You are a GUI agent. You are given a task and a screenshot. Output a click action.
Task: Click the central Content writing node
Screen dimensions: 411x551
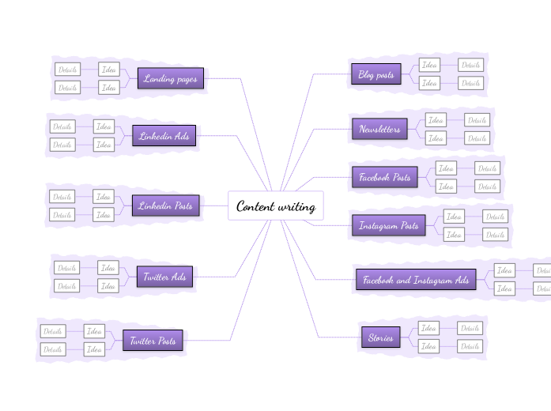click(x=276, y=207)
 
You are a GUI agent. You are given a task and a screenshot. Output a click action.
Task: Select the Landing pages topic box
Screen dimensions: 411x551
click(x=170, y=79)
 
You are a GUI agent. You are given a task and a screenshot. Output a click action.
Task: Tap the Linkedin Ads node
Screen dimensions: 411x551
click(x=164, y=136)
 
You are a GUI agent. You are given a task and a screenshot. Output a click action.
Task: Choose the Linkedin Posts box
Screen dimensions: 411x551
click(x=165, y=205)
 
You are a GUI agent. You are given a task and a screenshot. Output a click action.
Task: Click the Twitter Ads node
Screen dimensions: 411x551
click(x=164, y=277)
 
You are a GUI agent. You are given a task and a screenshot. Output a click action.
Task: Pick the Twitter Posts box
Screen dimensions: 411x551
click(x=153, y=341)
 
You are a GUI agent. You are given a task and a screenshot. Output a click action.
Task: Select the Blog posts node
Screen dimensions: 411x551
click(x=376, y=75)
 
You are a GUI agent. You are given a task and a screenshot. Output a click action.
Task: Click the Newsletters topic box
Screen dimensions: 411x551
click(x=379, y=129)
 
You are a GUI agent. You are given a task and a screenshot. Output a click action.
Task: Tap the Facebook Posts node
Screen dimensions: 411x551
click(x=384, y=178)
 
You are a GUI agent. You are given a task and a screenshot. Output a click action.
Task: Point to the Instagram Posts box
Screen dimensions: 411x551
click(x=388, y=226)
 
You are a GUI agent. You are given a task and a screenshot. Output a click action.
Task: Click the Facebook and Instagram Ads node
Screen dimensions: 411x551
click(x=415, y=280)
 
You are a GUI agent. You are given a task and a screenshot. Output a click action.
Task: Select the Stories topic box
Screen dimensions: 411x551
click(x=380, y=337)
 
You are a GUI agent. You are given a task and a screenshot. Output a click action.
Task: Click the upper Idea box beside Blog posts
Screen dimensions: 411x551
click(x=430, y=66)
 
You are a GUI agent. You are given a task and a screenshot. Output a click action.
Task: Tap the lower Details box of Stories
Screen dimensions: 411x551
click(x=470, y=346)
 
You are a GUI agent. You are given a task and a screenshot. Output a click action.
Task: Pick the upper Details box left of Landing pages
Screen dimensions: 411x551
click(x=67, y=70)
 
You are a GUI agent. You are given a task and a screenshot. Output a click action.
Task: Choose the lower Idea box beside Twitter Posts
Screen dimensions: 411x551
click(x=94, y=349)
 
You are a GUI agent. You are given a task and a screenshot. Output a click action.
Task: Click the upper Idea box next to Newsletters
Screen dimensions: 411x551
click(x=436, y=120)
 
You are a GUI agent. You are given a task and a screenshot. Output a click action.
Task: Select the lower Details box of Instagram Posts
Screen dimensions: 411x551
click(x=495, y=234)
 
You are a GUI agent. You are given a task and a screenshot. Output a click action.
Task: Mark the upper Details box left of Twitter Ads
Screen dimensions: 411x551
click(x=66, y=268)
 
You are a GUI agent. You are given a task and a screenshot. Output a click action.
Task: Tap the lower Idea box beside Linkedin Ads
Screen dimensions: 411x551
click(x=104, y=145)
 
